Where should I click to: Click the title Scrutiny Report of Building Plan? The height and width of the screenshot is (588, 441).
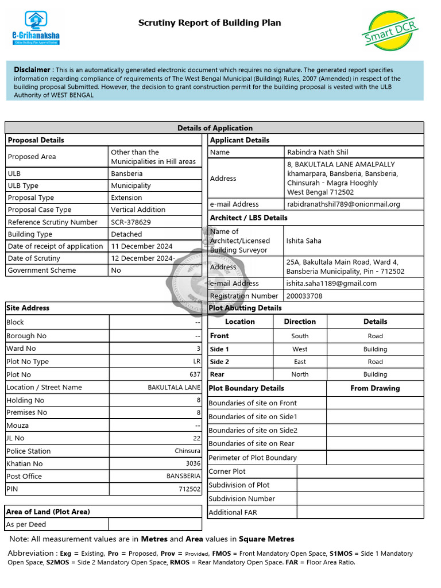pos(210,23)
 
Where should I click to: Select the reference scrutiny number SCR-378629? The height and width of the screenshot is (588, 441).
pos(131,222)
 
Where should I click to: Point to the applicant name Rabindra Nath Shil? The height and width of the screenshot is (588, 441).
pos(317,152)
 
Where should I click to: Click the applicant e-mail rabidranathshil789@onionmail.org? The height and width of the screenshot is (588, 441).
pos(343,204)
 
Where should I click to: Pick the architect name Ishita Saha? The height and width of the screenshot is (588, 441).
pos(304,241)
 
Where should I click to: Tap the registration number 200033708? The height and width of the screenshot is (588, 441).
pos(304,296)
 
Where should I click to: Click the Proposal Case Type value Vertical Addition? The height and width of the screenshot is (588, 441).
pos(138,210)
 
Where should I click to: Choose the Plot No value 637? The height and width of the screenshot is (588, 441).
pos(195,374)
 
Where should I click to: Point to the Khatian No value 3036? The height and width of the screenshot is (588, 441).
pos(193,463)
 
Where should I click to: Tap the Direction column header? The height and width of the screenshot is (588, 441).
pos(300,322)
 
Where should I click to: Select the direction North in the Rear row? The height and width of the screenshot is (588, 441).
pos(300,374)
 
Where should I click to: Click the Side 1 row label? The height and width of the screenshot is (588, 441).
pos(219,349)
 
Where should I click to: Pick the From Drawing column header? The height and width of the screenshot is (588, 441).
pos(375,388)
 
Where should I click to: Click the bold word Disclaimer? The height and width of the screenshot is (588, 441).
pos(32,69)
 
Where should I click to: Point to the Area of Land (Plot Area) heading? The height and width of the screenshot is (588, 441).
pos(48,512)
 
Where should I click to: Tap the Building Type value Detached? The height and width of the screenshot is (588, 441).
pos(126,234)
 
